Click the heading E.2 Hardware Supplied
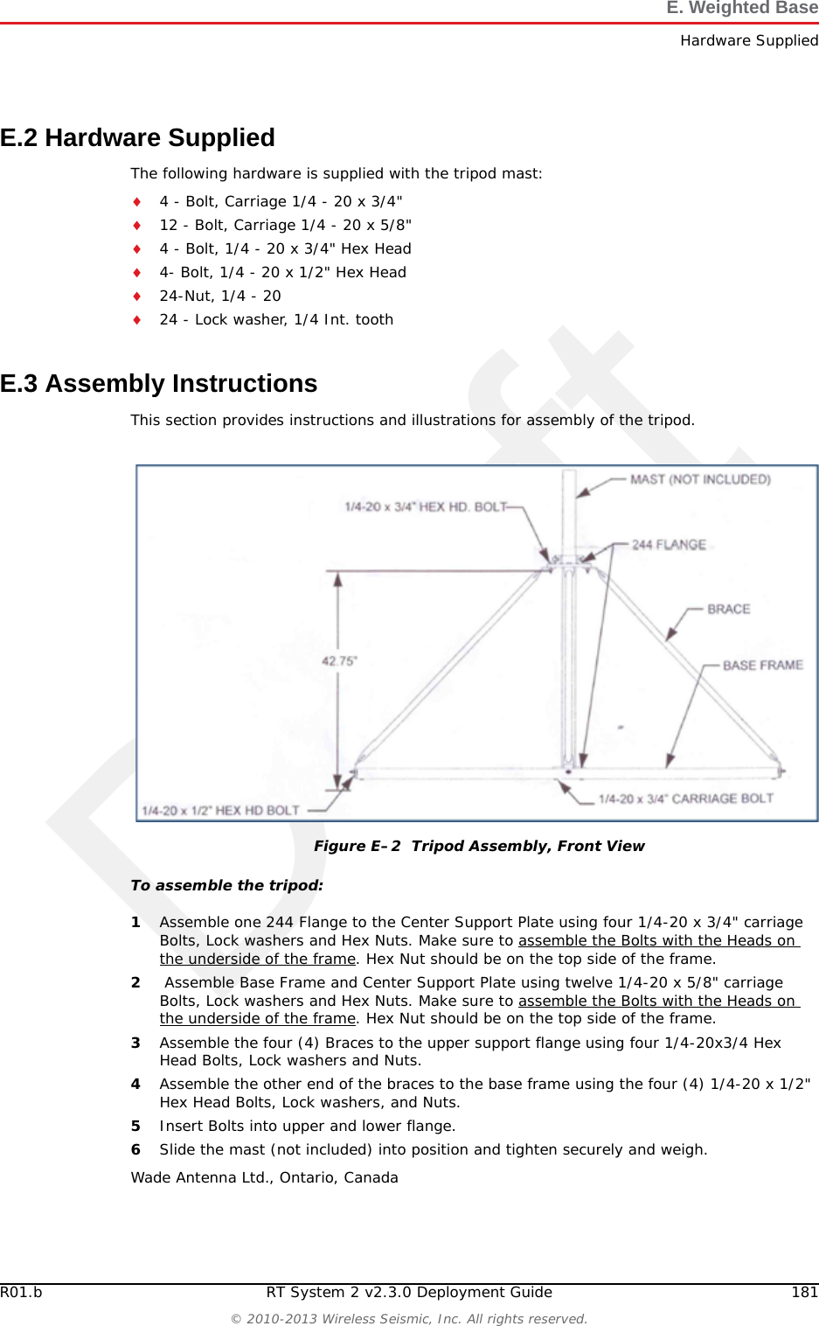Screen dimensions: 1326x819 137,138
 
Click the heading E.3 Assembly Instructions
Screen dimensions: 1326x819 158,384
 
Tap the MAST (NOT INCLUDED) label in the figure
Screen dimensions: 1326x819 700,479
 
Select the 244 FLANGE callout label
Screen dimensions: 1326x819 669,544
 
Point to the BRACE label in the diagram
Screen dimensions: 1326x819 728,609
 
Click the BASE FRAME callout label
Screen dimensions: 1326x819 762,665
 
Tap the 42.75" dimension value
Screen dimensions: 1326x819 339,660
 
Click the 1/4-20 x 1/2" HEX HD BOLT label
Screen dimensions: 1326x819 220,810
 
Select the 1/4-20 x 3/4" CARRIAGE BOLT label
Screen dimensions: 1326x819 685,798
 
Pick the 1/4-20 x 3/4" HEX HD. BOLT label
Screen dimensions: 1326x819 425,506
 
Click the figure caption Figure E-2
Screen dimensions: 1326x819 478,846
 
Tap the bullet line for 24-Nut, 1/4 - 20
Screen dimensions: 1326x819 219,296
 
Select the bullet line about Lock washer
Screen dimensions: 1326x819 275,319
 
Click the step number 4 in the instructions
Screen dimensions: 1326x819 135,1084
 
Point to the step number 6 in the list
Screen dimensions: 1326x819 135,1149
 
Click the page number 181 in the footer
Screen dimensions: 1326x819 803,1292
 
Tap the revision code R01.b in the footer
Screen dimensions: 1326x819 21,1292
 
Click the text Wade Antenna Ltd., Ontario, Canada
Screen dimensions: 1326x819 264,1177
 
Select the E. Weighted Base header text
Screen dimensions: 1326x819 741,9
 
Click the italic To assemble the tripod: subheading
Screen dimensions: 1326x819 226,885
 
